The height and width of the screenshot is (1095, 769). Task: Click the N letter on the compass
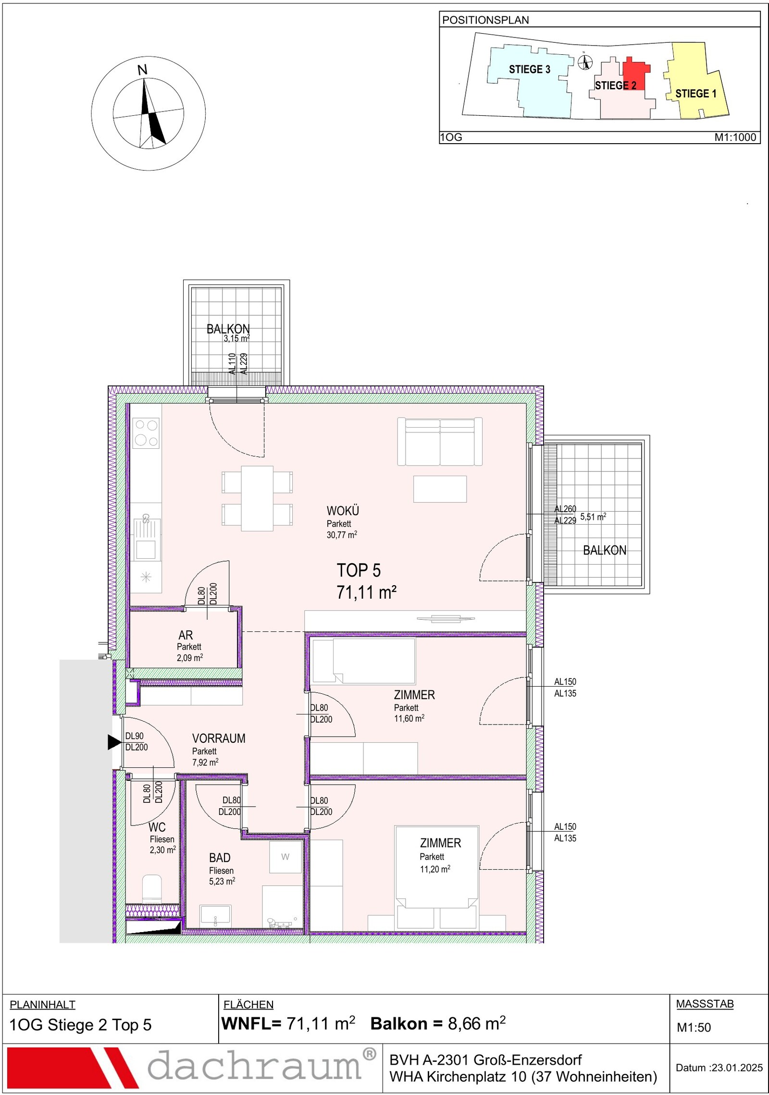[x=142, y=70]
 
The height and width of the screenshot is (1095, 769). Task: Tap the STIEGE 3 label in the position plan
[x=529, y=69]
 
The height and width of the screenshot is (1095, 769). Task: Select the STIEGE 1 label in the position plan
[x=695, y=93]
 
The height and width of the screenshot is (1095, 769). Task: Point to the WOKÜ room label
[x=343, y=510]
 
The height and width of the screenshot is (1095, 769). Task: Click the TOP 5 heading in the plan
[x=359, y=570]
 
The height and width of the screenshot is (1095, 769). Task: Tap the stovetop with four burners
[x=146, y=433]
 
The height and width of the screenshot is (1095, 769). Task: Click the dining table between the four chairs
[x=257, y=498]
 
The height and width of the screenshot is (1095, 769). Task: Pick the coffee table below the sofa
[x=440, y=489]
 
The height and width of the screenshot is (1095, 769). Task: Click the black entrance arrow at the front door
[x=114, y=742]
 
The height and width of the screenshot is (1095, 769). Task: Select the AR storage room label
[x=186, y=635]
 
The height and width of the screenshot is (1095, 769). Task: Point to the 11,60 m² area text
[x=409, y=719]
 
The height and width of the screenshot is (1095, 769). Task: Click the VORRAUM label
[x=219, y=738]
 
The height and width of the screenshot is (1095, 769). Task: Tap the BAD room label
[x=220, y=858]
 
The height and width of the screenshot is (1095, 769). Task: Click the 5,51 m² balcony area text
[x=593, y=517]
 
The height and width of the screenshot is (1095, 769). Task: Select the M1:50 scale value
[x=694, y=1027]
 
